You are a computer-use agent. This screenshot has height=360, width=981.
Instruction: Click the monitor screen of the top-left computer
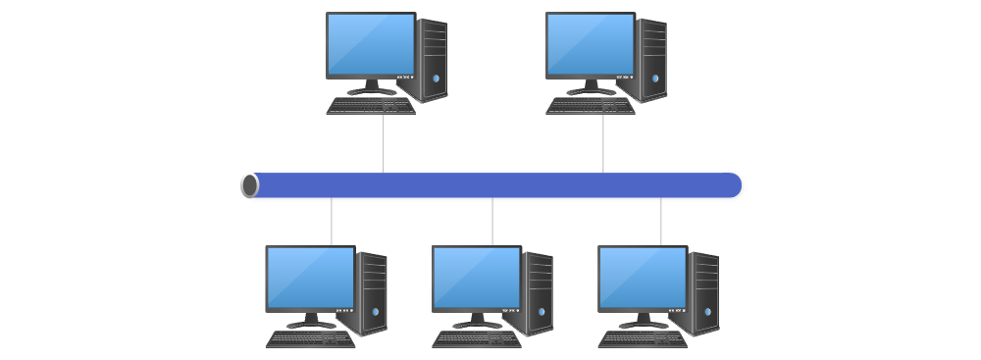371,44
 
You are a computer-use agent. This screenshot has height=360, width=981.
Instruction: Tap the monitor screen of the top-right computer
591,44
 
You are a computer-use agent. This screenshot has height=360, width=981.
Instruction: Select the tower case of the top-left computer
433,61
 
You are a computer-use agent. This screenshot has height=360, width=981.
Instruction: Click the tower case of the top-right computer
652,61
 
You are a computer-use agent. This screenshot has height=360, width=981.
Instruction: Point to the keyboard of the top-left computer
371,105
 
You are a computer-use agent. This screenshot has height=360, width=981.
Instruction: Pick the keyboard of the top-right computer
591,105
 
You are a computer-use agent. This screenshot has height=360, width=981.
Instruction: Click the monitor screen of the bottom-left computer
310,278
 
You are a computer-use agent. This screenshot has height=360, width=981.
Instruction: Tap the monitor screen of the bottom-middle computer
477,278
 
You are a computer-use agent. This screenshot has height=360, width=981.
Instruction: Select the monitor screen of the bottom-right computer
643,278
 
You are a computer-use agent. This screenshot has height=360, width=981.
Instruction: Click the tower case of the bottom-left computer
373,294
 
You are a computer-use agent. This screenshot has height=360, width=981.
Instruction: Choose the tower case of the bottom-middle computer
539,294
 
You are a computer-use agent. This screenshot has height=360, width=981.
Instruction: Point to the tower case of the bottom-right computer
704,294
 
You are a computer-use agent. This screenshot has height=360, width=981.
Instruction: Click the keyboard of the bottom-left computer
310,338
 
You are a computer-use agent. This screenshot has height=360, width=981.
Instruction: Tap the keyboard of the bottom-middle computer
477,338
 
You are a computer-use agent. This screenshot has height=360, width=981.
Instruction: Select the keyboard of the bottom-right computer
643,338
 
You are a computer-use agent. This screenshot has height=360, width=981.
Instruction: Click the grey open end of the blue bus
250,185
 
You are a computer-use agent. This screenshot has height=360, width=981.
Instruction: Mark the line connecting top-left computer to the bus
384,142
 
